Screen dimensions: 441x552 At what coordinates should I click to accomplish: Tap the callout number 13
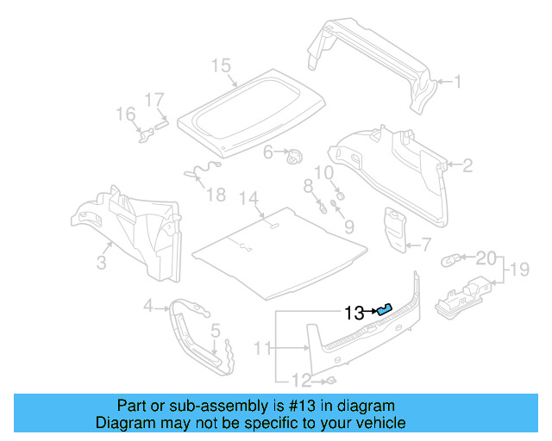tap(354, 314)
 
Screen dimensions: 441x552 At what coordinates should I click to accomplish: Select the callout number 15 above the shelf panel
tap(221, 65)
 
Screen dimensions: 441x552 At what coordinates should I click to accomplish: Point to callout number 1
tap(458, 83)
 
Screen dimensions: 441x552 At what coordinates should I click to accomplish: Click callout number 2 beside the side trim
tap(467, 165)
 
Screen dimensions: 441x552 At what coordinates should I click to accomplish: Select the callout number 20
tap(486, 258)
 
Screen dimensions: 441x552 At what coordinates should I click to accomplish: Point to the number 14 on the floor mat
tap(248, 199)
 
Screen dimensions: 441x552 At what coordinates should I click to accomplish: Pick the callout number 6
tap(268, 152)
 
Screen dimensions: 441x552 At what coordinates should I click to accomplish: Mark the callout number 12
tap(300, 381)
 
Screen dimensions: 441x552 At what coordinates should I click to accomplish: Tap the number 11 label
tap(262, 348)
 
